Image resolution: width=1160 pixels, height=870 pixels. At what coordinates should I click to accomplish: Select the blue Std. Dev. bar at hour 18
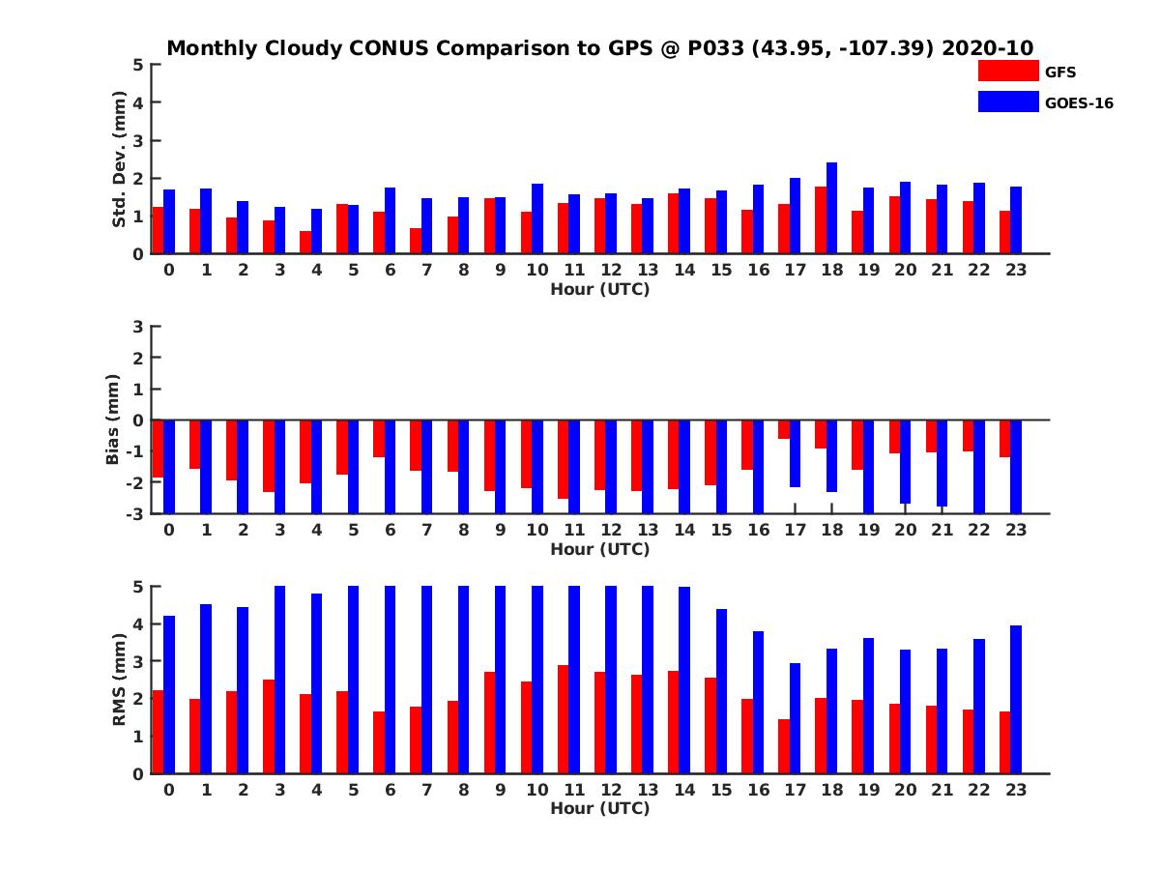pyautogui.click(x=831, y=208)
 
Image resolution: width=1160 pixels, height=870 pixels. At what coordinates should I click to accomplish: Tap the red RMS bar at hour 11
pyautogui.click(x=563, y=719)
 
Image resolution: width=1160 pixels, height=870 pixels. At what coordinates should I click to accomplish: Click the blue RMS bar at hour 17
pyautogui.click(x=795, y=718)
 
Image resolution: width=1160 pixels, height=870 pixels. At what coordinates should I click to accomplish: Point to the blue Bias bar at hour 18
pyautogui.click(x=831, y=456)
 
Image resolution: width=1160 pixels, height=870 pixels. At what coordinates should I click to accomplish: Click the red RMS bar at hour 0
pyautogui.click(x=158, y=732)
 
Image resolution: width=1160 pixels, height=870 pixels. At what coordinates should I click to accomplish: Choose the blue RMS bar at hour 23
pyautogui.click(x=1015, y=699)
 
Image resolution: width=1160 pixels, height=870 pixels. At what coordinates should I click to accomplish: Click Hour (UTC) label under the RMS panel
pyautogui.click(x=599, y=808)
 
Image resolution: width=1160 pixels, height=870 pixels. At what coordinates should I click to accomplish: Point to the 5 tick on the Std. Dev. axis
pyautogui.click(x=139, y=65)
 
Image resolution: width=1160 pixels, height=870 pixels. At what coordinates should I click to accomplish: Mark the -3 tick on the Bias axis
pyautogui.click(x=136, y=513)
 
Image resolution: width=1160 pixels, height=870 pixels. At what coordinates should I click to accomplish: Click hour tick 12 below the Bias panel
pyautogui.click(x=611, y=530)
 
